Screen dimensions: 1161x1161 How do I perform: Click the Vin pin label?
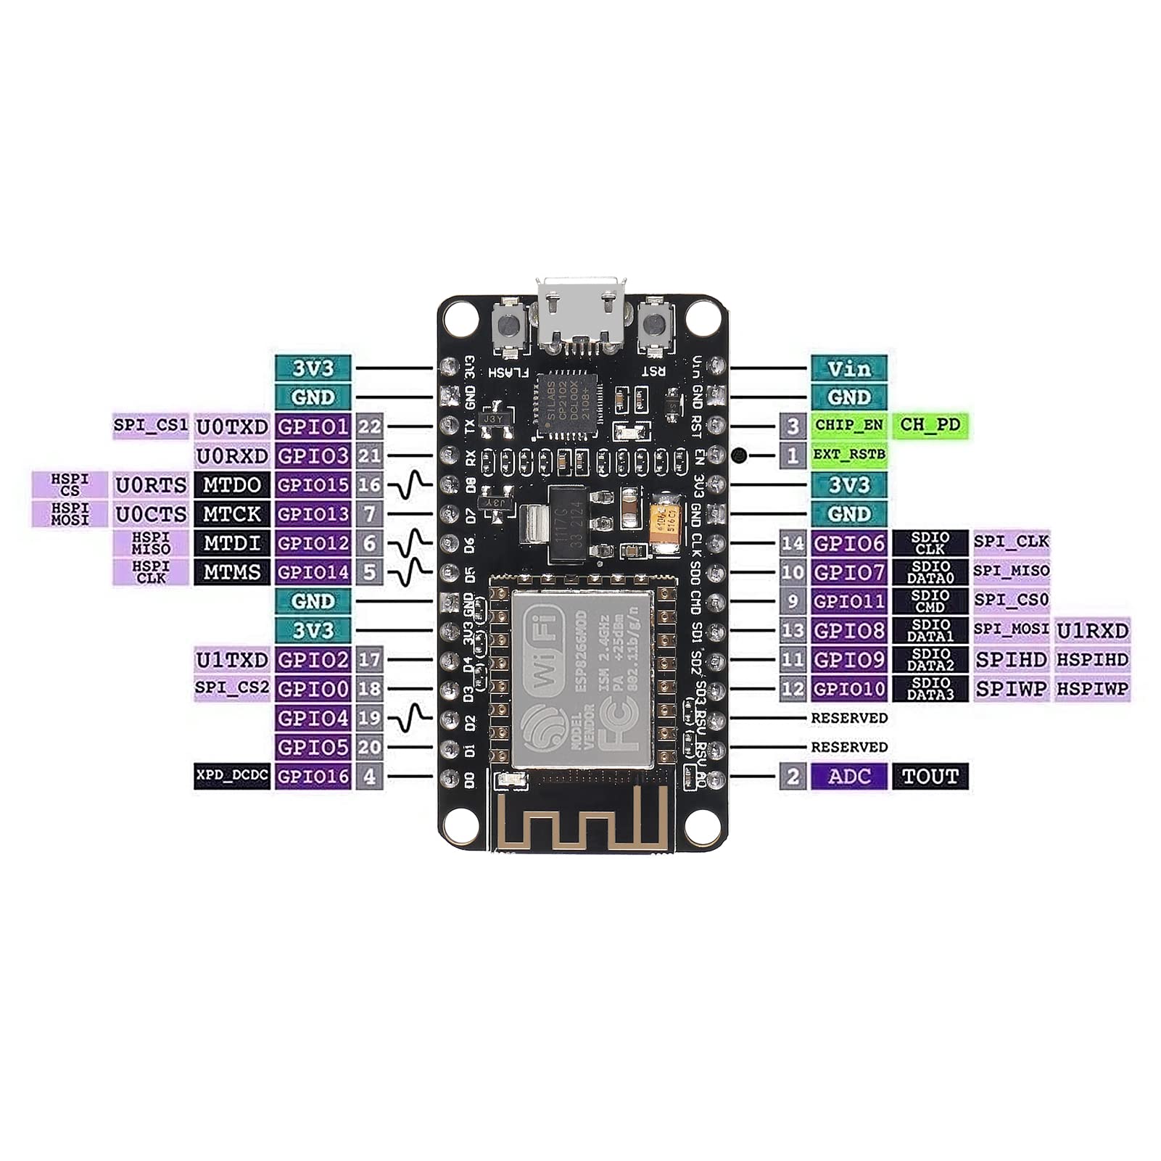coord(848,368)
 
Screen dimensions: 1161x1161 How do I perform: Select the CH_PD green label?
coord(930,425)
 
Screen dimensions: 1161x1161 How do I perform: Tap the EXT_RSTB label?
coord(848,455)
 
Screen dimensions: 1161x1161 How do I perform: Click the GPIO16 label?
coord(313,776)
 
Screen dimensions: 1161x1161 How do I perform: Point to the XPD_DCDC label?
coord(232,776)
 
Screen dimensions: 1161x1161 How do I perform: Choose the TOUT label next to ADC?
coord(930,776)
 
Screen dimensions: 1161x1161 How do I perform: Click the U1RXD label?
coord(1092,630)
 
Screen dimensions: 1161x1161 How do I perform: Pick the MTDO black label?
coord(232,484)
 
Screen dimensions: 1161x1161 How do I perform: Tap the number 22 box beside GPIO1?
coord(369,426)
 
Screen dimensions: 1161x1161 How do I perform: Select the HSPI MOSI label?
coord(70,513)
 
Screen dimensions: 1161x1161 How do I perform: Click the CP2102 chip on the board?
coord(567,405)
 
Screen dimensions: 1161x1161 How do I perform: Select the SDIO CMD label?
coord(930,601)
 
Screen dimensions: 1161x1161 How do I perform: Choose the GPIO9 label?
coord(848,659)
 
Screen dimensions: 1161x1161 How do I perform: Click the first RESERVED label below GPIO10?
coord(848,718)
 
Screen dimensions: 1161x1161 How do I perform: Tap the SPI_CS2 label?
coord(232,688)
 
